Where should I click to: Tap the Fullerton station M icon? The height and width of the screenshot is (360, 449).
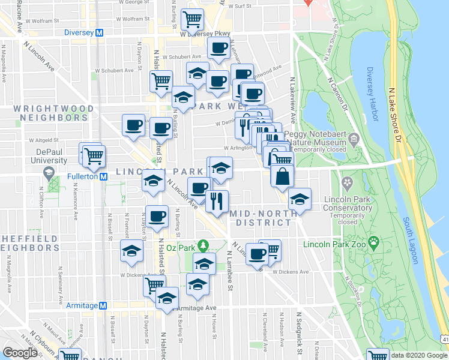[x=103, y=176]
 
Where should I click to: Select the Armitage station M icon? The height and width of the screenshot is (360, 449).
[x=102, y=305]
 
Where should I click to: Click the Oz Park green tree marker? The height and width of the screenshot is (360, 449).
[x=203, y=246]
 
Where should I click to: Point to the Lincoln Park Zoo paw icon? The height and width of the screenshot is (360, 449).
[x=374, y=243]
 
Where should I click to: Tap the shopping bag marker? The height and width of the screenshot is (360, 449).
[x=282, y=177]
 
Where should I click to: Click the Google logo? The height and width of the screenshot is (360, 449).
[x=20, y=353]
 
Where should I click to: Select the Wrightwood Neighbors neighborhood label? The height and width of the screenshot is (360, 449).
[x=53, y=113]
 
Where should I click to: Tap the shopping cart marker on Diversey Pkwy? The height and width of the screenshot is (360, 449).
[x=192, y=20]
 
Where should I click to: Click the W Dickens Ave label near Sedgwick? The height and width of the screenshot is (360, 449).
[x=290, y=272]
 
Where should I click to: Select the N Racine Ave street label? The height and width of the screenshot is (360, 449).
[x=20, y=16]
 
